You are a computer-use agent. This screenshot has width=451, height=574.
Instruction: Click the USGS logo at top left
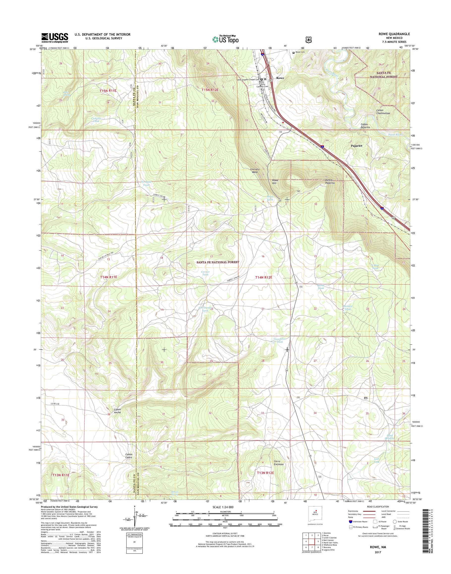click(55, 38)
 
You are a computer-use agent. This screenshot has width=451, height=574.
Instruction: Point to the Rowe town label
click(280, 78)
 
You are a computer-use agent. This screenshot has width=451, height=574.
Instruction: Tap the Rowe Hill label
click(275, 182)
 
